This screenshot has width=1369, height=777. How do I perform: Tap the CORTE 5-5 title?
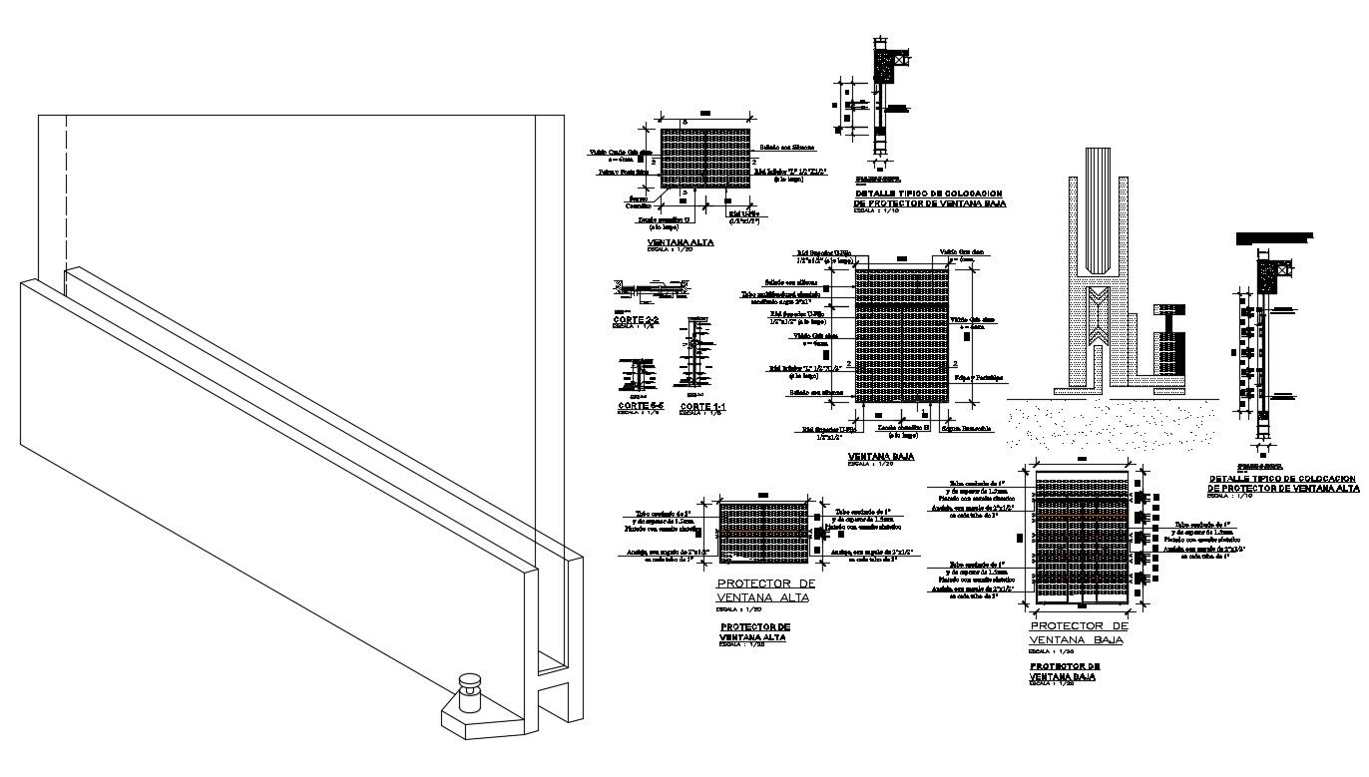click(x=640, y=406)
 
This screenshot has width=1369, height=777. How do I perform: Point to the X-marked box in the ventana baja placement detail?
click(x=902, y=60)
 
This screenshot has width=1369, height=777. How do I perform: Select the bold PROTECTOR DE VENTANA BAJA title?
click(x=1065, y=670)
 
